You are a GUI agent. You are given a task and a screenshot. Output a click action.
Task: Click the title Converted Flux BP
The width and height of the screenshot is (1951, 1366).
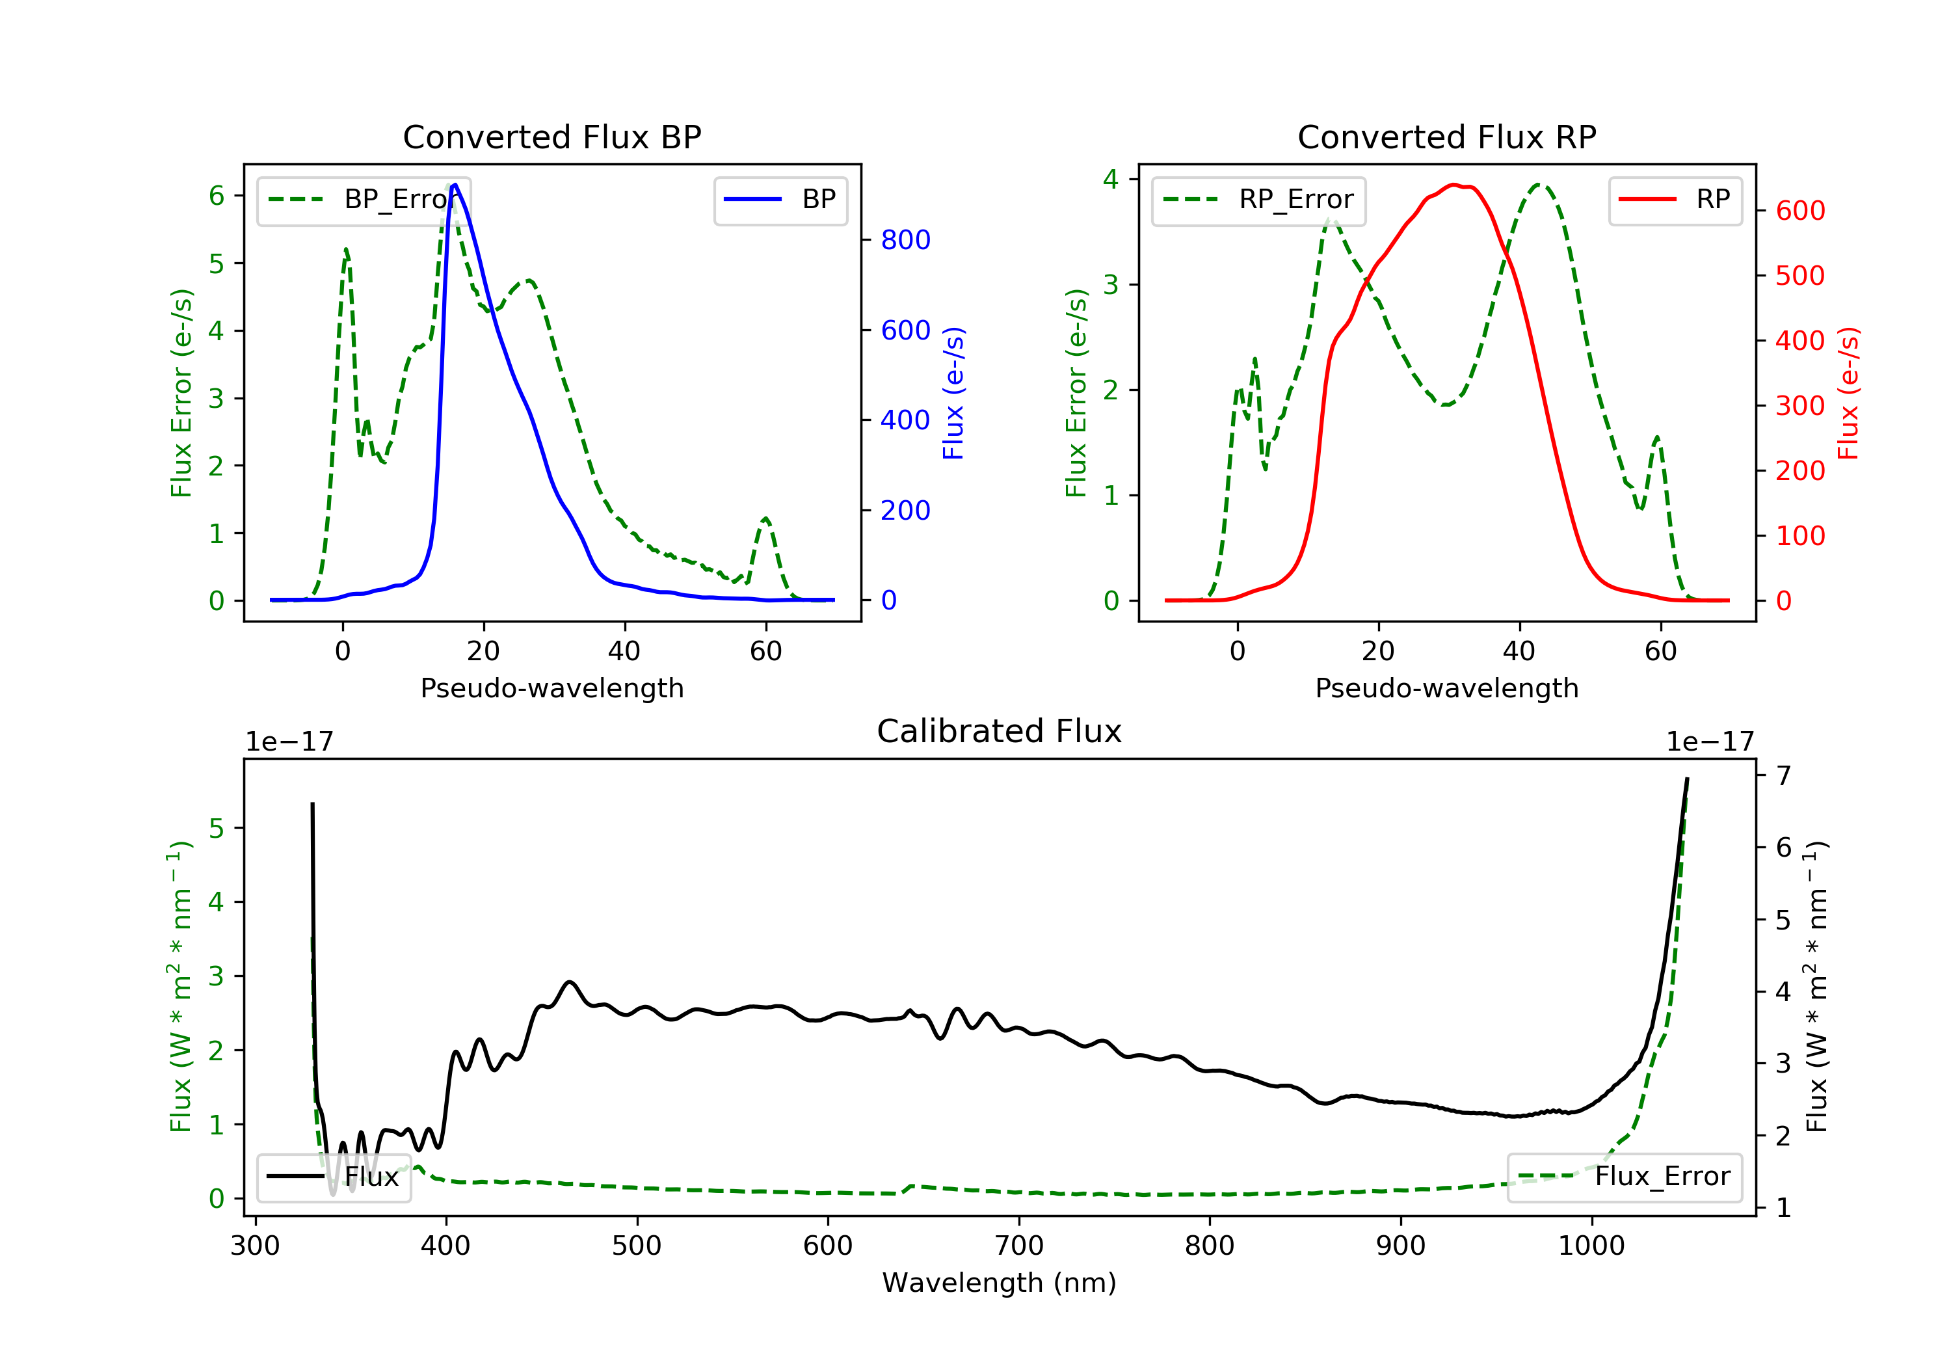[x=551, y=137]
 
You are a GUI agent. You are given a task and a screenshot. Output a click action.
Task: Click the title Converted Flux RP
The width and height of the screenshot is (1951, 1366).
[x=1446, y=137]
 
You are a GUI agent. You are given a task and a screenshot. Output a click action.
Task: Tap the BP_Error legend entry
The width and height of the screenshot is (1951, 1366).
[x=364, y=200]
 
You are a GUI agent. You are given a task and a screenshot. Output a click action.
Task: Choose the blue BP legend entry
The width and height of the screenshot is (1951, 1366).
[x=780, y=200]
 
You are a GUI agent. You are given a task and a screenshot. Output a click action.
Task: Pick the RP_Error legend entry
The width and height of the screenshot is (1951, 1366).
[x=1258, y=200]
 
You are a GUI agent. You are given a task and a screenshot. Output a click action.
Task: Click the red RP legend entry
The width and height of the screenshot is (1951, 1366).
[x=1674, y=200]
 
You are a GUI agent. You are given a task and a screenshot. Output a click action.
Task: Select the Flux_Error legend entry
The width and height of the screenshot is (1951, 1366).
[x=1624, y=1177]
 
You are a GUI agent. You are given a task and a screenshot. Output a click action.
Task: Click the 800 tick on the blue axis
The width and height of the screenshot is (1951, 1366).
[x=906, y=240]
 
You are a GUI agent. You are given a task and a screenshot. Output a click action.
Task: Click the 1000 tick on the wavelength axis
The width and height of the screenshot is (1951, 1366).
[x=1591, y=1245]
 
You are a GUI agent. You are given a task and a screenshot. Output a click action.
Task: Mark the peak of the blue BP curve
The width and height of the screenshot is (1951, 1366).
[x=455, y=185]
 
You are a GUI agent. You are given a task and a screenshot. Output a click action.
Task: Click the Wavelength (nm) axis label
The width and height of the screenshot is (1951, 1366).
[x=1000, y=1282]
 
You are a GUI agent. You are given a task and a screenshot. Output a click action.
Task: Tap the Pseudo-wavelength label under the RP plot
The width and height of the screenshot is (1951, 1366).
[x=1446, y=688]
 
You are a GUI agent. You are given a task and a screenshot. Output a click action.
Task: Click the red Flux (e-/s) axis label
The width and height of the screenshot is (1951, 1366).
[x=1849, y=393]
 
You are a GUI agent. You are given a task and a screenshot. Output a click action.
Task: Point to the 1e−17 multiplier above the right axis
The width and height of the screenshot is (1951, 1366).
[x=1710, y=742]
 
